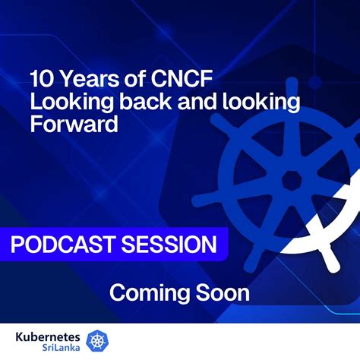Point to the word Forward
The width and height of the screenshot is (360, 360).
point(74,124)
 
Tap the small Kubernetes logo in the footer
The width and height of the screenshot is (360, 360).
point(98,340)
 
